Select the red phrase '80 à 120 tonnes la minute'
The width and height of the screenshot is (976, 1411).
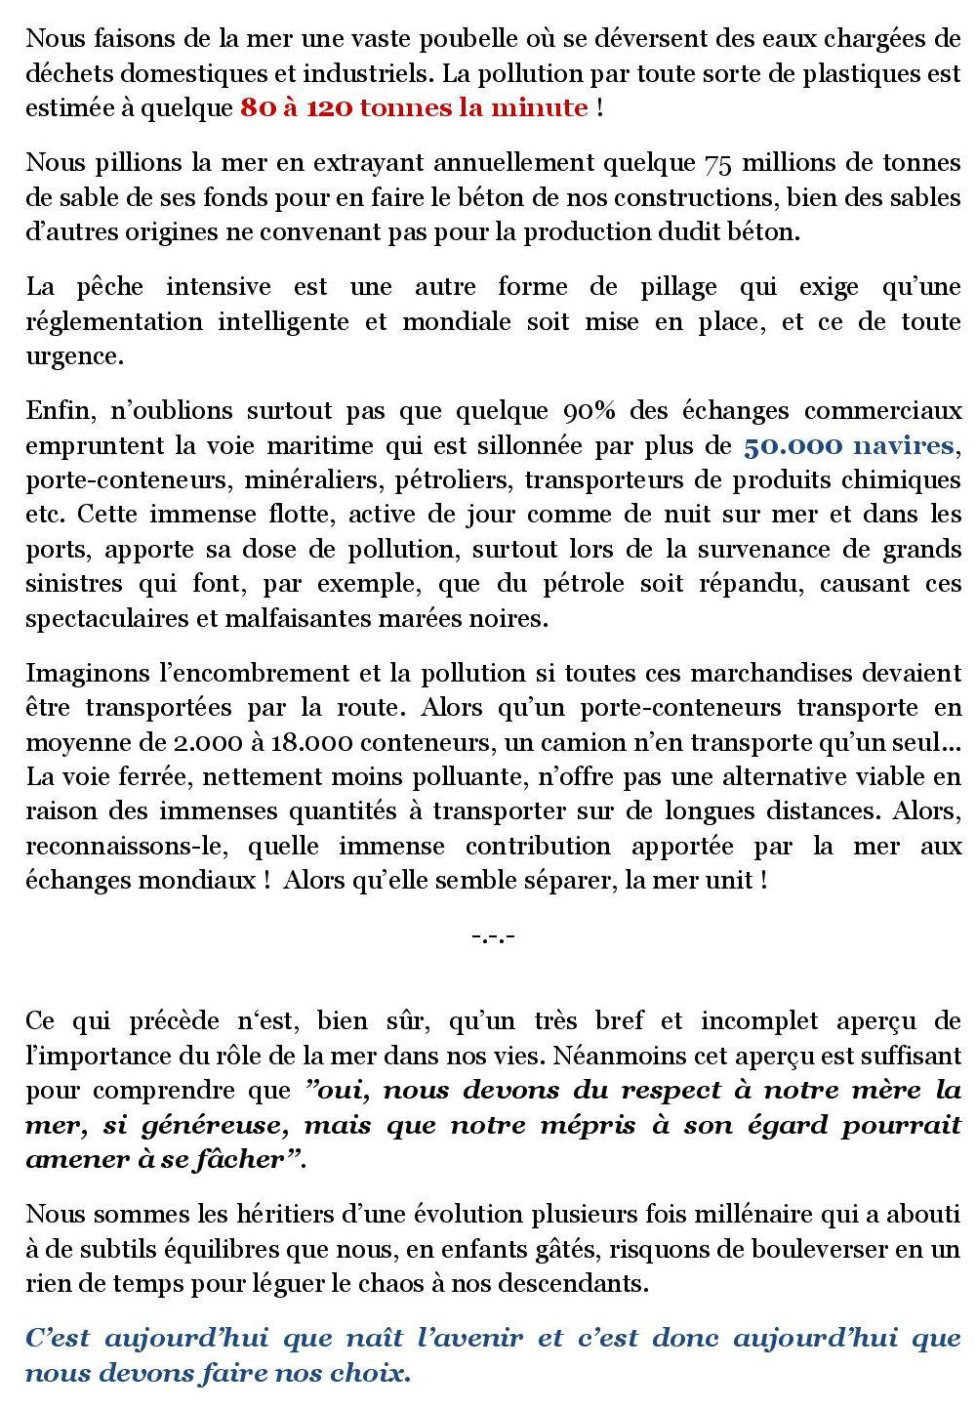(414, 107)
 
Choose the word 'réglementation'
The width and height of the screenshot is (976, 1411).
(113, 322)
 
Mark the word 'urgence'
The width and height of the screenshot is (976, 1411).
(74, 357)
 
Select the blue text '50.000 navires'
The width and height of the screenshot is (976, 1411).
(848, 446)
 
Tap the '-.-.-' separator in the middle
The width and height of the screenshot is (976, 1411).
(492, 936)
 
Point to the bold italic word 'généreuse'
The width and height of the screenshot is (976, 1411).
(213, 1125)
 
